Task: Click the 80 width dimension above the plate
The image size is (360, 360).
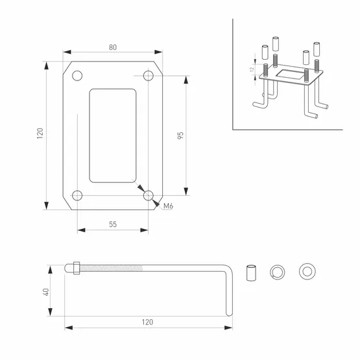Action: point(113,47)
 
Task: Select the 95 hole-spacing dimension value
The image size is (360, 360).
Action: point(180,136)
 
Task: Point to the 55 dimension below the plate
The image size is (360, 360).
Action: point(113,224)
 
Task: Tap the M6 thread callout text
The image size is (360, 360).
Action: point(169,206)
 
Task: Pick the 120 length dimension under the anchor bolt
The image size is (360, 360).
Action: point(148,322)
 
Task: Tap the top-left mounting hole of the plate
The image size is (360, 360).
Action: point(77,76)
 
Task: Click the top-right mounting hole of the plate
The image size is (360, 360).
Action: point(149,76)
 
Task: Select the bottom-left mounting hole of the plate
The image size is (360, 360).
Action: point(77,195)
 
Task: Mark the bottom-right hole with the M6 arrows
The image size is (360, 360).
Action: point(149,195)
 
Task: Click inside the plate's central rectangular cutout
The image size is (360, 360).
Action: point(113,135)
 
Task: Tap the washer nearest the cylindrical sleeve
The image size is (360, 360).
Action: point(278,270)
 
